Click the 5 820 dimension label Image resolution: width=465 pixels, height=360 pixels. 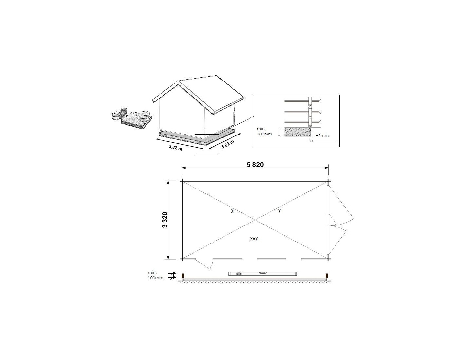[255, 165]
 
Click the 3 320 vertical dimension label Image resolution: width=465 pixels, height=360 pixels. [165, 220]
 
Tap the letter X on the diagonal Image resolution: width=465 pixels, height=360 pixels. [232, 211]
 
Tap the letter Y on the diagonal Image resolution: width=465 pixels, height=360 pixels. [279, 211]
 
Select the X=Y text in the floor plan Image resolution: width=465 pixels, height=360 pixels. [254, 239]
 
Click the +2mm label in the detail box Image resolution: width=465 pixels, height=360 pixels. [322, 135]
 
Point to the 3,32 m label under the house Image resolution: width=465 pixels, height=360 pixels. [176, 147]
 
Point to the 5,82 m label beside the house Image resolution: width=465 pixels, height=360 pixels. [228, 144]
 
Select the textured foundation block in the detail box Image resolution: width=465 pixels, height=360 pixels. [298, 132]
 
